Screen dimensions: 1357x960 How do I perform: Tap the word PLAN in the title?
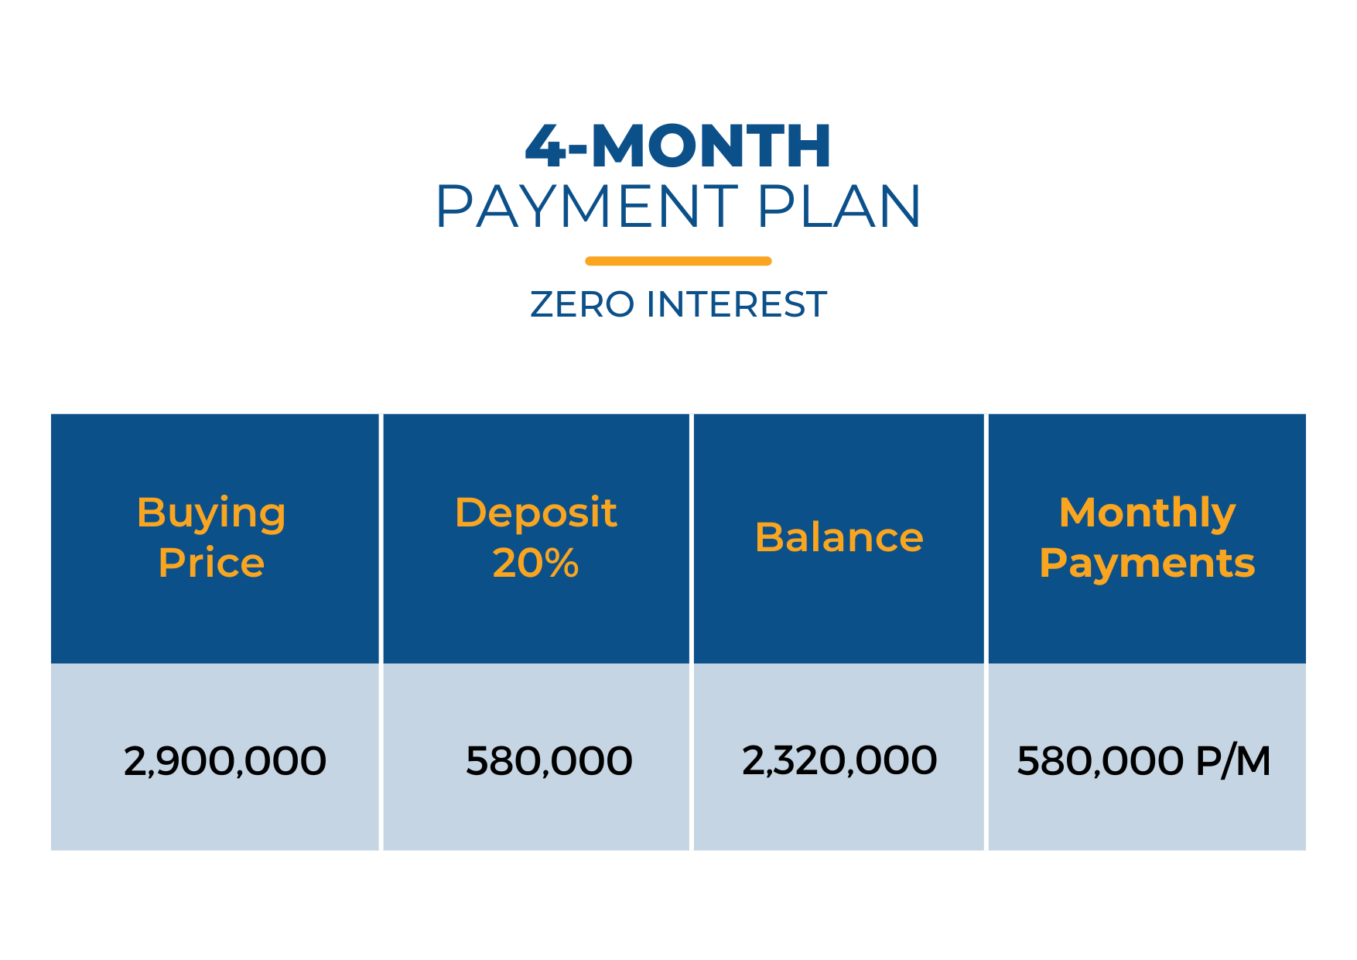839,207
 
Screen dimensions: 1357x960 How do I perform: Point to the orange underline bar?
678,261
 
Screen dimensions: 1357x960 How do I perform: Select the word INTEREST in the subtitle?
737,304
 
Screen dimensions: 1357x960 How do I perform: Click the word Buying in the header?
211,515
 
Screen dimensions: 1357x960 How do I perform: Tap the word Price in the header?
211,563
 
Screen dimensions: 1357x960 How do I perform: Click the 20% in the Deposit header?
535,563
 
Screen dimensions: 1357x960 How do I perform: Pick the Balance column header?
839,537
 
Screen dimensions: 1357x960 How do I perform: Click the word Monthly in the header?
1147,515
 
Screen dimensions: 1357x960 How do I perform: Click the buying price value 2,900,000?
225,762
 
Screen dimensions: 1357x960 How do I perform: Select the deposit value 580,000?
549,762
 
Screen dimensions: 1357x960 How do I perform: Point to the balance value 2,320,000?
839,761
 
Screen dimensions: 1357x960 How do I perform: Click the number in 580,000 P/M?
1100,762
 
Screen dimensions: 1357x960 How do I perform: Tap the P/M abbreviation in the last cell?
1233,761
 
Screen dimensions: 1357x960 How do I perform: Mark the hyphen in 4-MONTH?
579,149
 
